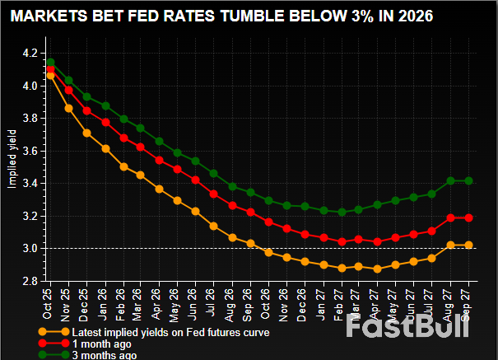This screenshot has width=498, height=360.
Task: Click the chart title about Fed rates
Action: [x=220, y=16]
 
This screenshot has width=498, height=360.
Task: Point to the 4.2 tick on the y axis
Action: [x=30, y=53]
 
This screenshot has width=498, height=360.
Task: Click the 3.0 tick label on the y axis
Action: [x=30, y=248]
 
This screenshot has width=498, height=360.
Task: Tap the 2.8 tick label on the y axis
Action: [x=30, y=281]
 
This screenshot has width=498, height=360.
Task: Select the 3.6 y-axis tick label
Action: [x=30, y=151]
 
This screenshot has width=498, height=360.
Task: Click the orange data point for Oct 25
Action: [x=51, y=75]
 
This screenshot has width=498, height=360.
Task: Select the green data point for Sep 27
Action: [x=468, y=180]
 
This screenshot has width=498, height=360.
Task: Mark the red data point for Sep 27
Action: [x=468, y=217]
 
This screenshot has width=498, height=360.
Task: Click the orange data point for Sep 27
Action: [x=468, y=245]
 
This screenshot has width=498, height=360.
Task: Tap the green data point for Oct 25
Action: [x=51, y=62]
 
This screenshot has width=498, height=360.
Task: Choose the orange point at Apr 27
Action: [x=377, y=269]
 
